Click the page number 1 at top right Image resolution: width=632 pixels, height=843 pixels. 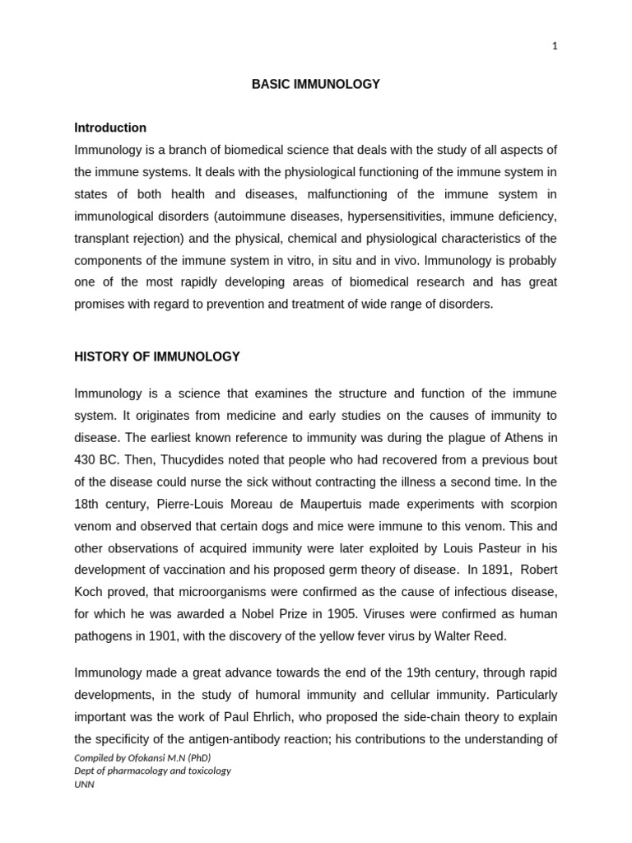click(555, 46)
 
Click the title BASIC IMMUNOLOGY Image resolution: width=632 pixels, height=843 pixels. click(316, 85)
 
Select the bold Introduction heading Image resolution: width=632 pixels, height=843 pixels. click(110, 128)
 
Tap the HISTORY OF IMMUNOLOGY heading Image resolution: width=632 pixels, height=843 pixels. click(157, 356)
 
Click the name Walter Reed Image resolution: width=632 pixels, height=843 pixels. click(471, 636)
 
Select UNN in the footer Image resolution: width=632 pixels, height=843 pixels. click(85, 785)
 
